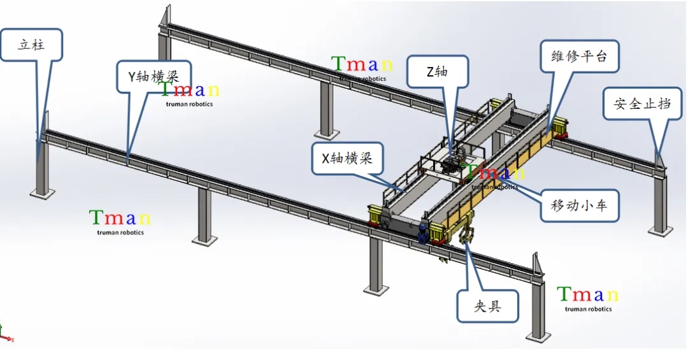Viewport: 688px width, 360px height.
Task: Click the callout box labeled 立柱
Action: point(31,45)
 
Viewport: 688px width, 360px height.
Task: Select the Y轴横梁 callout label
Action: point(153,77)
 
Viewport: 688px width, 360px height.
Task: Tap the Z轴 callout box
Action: point(438,71)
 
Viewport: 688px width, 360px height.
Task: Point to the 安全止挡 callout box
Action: point(642,103)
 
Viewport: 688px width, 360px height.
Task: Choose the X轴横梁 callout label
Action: point(347,159)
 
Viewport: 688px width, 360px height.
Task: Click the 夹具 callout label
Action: point(487,306)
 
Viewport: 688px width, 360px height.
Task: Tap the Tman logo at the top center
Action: point(362,67)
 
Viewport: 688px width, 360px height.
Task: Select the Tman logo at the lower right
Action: point(587,298)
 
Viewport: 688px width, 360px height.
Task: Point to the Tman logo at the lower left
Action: point(120,221)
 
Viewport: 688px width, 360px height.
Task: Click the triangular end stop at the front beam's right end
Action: point(537,264)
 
